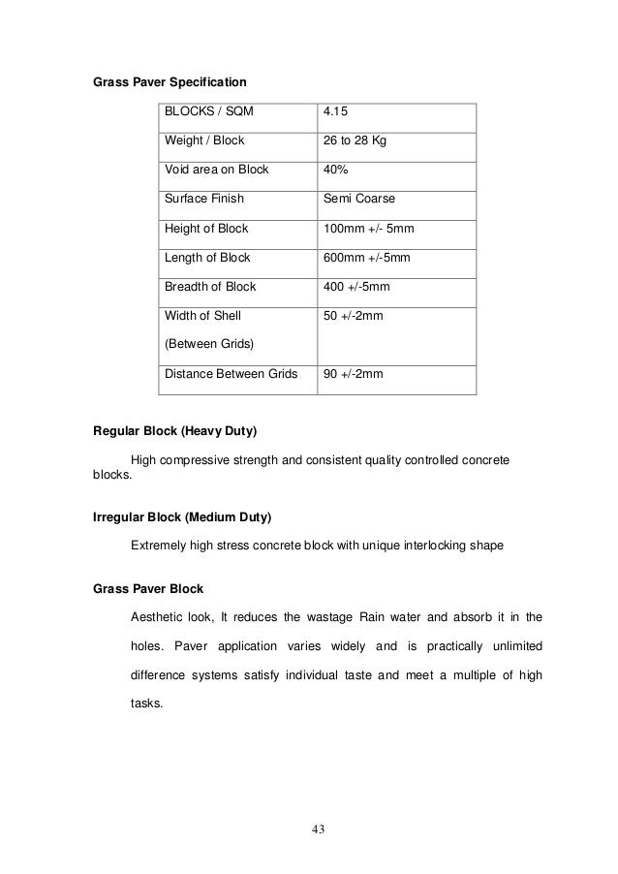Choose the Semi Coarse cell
pos(360,201)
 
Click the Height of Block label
pos(205,230)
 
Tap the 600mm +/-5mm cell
pos(367,258)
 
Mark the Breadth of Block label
pos(209,286)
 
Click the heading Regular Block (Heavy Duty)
pos(174,429)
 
